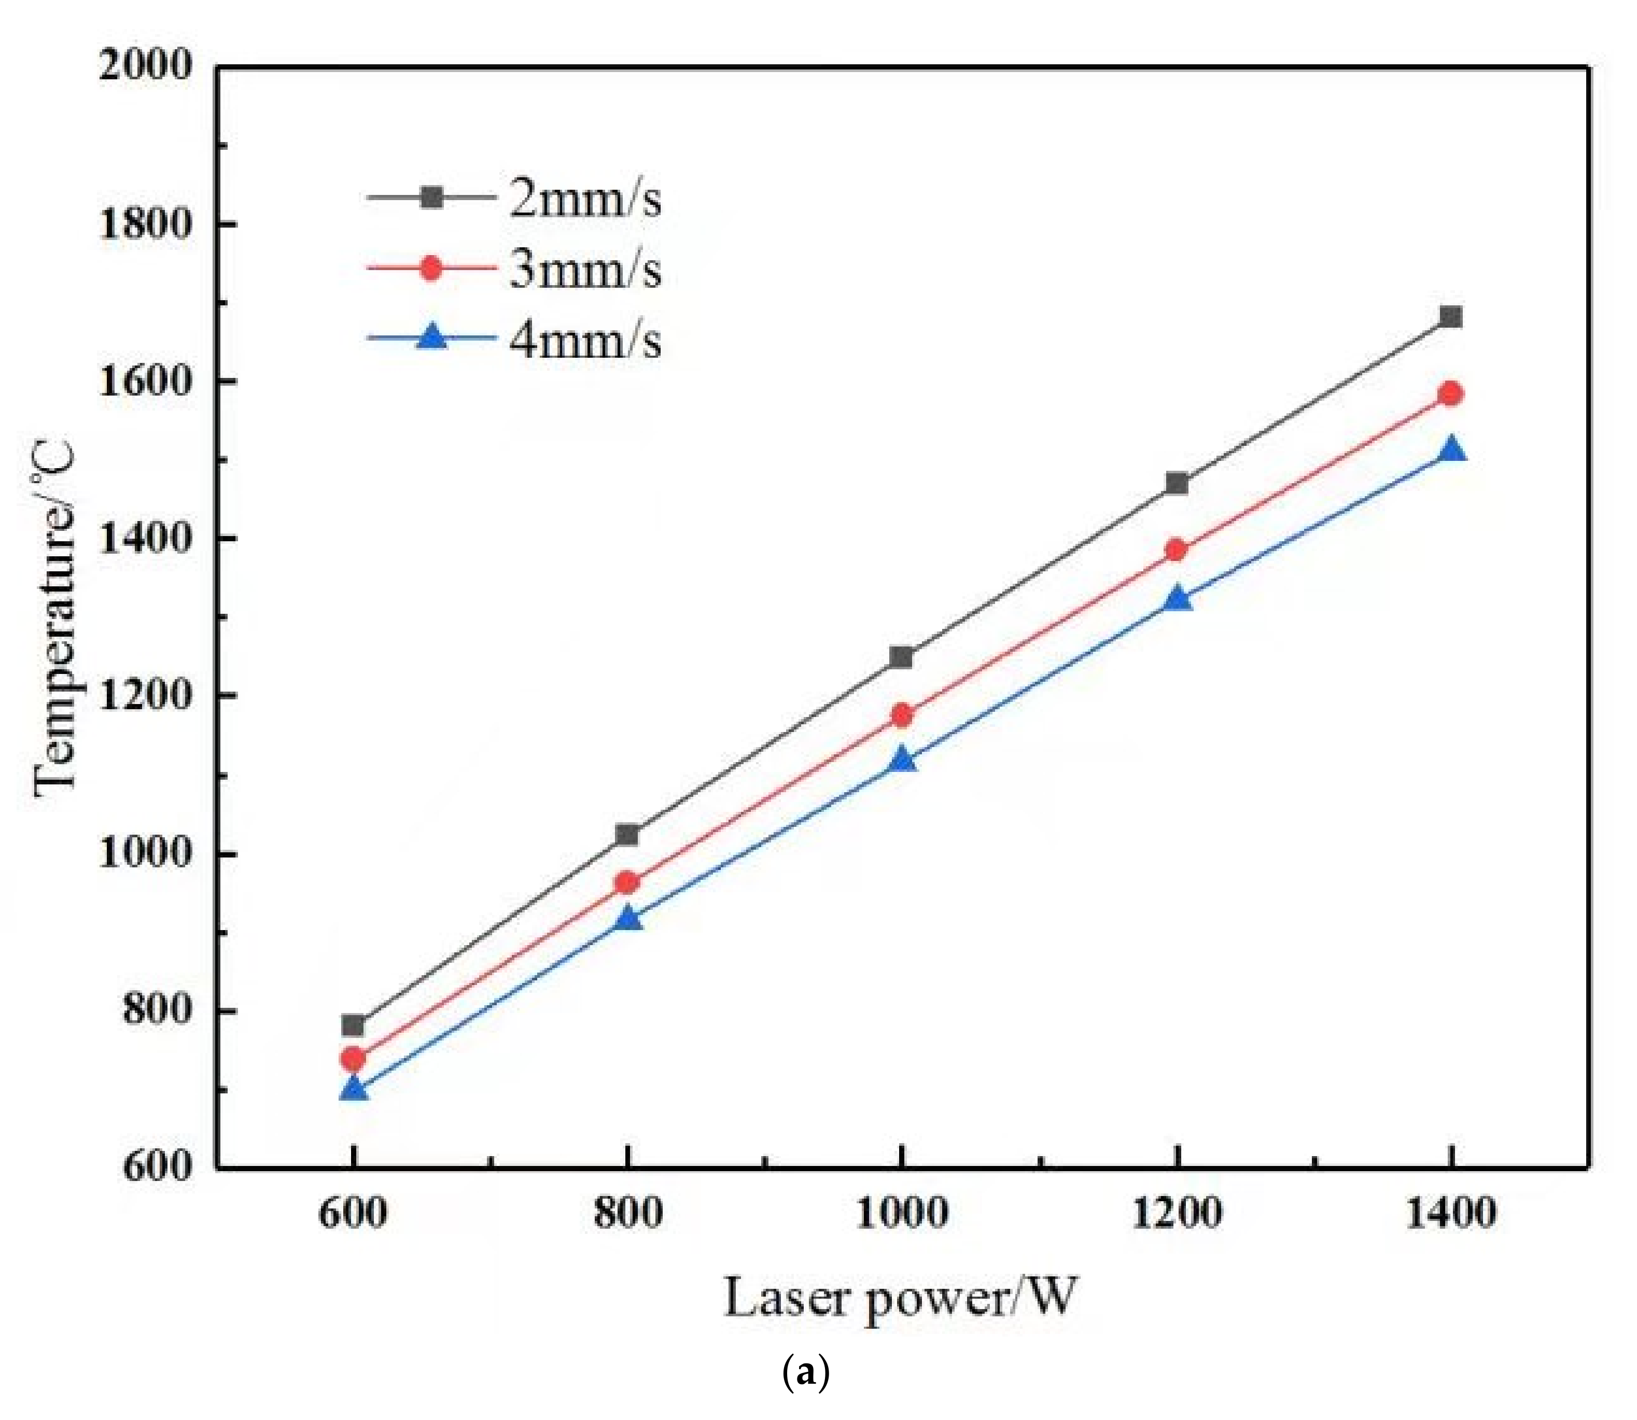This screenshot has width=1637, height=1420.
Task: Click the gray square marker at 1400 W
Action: pyautogui.click(x=1451, y=317)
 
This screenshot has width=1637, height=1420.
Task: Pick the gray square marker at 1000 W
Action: pyautogui.click(x=901, y=657)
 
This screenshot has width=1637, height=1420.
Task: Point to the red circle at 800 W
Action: pyautogui.click(x=627, y=882)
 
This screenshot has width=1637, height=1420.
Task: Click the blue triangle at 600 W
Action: pyautogui.click(x=354, y=1089)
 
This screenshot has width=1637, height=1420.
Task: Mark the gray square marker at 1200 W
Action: pyautogui.click(x=1177, y=483)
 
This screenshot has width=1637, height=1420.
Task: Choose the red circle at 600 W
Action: pyautogui.click(x=354, y=1058)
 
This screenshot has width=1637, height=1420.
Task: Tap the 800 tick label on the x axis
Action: pyautogui.click(x=627, y=1214)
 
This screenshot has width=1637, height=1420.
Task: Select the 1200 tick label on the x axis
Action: pyautogui.click(x=1177, y=1214)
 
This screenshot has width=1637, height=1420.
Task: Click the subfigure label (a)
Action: pyautogui.click(x=806, y=1371)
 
